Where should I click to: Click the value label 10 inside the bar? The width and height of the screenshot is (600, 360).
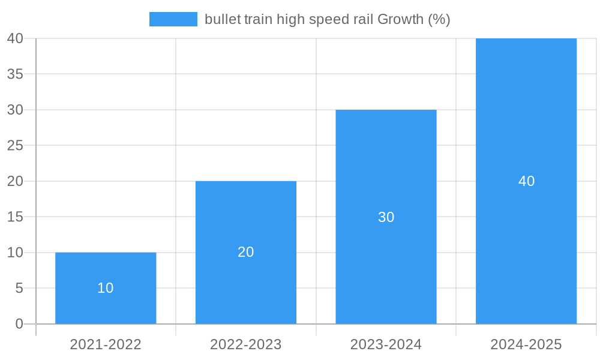106,288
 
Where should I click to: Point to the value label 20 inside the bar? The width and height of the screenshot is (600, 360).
246,252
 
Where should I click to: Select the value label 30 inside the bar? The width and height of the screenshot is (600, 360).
386,217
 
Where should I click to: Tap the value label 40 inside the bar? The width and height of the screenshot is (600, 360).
526,181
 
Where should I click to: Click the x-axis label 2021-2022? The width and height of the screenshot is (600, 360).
106,344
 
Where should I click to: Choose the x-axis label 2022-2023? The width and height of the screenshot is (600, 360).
246,344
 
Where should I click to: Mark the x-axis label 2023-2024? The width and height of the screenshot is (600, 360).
386,344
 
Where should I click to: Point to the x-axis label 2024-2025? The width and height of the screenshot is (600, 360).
526,344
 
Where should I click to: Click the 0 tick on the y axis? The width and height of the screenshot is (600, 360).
19,324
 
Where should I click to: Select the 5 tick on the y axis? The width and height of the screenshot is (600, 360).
19,289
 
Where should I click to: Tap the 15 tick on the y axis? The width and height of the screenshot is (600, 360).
15,217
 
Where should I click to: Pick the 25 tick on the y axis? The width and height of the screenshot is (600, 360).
15,145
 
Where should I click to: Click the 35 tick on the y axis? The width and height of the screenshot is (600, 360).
15,74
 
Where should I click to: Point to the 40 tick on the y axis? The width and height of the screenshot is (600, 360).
15,38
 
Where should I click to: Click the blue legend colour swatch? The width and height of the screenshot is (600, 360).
173,19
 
